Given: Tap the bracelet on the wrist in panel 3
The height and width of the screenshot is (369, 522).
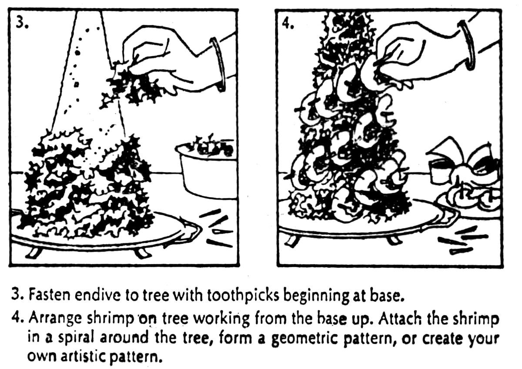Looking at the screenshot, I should point(217,63).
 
